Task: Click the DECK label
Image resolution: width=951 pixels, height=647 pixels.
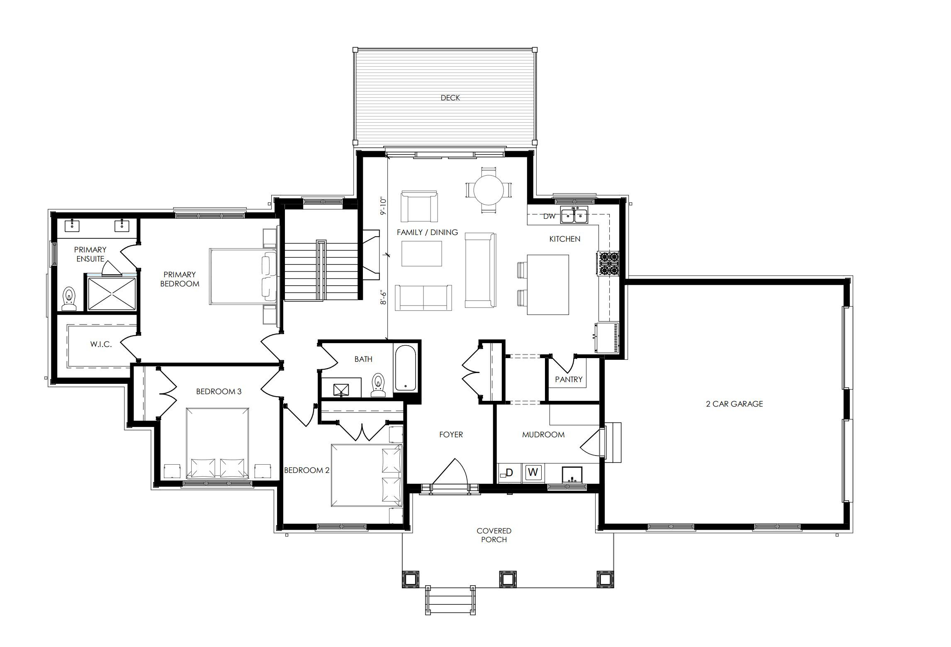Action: [x=450, y=98]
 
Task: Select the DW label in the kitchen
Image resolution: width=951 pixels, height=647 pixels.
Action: [x=549, y=216]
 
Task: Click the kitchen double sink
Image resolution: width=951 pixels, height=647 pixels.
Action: [x=574, y=215]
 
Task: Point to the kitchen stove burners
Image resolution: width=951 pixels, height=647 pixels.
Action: [x=608, y=264]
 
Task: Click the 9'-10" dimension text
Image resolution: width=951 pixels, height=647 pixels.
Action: [x=383, y=206]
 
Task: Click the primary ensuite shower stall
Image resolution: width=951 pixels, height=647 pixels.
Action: [x=112, y=293]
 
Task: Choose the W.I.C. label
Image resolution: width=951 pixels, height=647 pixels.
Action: [x=101, y=344]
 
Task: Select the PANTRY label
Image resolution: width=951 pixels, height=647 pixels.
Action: [x=569, y=379]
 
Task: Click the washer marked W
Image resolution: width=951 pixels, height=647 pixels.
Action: [x=533, y=472]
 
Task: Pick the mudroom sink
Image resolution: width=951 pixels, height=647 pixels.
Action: [x=572, y=475]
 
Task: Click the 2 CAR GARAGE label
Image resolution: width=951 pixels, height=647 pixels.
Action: [x=735, y=404]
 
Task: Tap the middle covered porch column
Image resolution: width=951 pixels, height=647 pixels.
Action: [x=507, y=579]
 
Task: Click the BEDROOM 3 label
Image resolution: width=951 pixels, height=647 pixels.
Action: [x=219, y=391]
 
